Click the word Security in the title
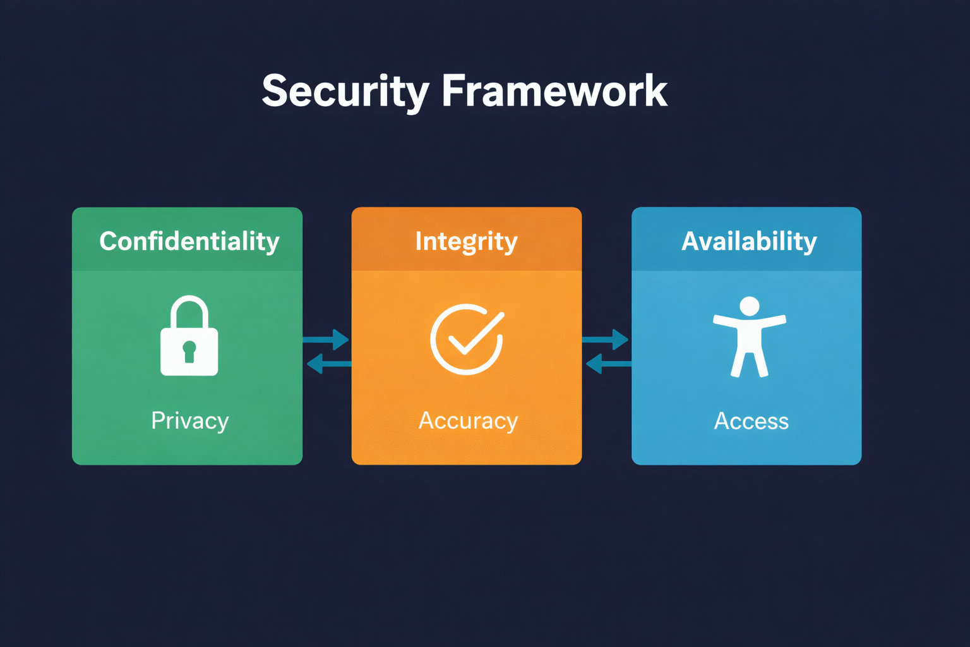pos(345,92)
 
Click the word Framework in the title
pos(554,92)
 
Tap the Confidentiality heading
pos(189,241)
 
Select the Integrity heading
pos(466,241)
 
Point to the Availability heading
pos(749,241)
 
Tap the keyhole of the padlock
pos(189,351)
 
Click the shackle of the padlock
pos(189,310)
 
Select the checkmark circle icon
pos(467,339)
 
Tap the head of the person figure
pos(750,306)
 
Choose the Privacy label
pos(189,421)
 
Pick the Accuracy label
pos(468,421)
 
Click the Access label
pos(751,421)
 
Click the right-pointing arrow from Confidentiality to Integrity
pos(326,340)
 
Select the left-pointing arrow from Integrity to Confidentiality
pos(328,364)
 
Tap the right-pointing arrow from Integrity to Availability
pos(606,340)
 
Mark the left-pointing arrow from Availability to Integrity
pos(608,364)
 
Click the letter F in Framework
pos(455,92)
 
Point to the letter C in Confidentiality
pos(109,241)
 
